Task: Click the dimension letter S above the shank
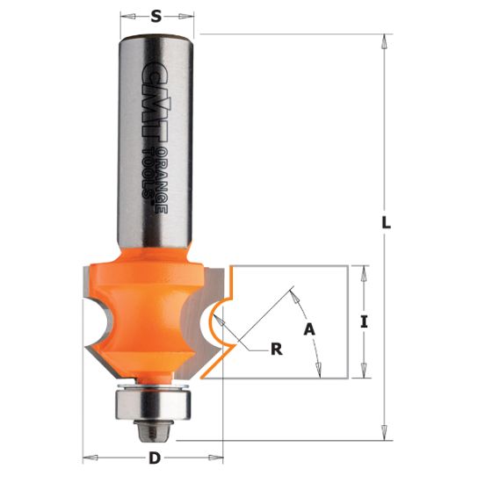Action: point(156,14)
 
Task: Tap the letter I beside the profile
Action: point(363,322)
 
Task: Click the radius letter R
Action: point(277,350)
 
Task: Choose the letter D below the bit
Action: point(155,457)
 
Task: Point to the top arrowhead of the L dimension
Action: point(384,40)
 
